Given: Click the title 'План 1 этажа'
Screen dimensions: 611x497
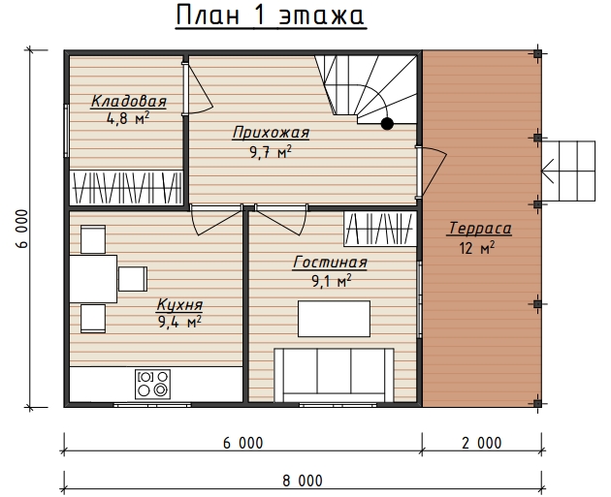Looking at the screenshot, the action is (x=271, y=16).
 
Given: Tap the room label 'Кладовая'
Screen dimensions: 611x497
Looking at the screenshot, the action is (x=129, y=101).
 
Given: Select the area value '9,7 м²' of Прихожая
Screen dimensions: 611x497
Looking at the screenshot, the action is (x=271, y=152).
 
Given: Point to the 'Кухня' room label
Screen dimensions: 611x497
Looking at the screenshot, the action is (x=179, y=304).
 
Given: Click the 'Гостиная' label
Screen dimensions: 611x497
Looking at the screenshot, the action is (x=330, y=262).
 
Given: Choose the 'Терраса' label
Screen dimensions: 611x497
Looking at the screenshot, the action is (x=478, y=228).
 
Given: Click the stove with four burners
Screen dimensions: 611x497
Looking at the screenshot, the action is (x=153, y=384).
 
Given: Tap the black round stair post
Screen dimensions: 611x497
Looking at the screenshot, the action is (x=387, y=124).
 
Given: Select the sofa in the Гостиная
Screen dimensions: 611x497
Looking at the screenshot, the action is (x=334, y=375).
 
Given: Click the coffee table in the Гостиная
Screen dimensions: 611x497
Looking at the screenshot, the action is (x=334, y=319).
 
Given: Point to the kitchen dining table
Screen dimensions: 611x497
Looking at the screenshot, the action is (x=93, y=279).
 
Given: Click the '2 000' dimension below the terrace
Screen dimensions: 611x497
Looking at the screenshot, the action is (x=482, y=444).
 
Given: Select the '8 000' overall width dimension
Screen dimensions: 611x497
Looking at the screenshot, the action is (x=303, y=481).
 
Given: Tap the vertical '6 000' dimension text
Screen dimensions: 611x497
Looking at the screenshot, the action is (x=22, y=229).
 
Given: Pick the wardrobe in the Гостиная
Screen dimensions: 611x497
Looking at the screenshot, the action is (x=380, y=229).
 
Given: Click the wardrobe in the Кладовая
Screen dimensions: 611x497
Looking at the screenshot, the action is (x=126, y=188).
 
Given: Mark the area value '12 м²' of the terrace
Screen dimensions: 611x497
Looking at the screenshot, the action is (x=477, y=247).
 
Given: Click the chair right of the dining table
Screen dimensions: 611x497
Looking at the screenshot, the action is (x=133, y=279).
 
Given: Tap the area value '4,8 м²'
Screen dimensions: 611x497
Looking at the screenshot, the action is (x=128, y=118).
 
